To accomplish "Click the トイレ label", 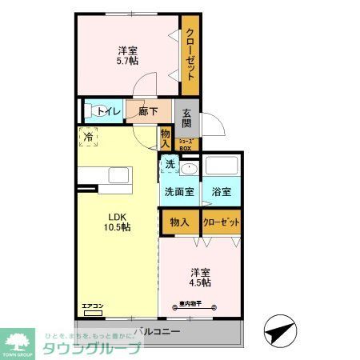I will tap(110, 112).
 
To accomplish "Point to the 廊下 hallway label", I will tap(147, 112).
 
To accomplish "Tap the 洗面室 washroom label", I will tap(179, 192).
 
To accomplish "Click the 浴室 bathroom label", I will tap(222, 192).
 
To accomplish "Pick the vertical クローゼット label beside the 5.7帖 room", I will tap(191, 53).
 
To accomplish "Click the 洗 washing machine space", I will tap(169, 164).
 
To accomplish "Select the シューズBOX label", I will tap(186, 146).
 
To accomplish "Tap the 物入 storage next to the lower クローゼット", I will tap(179, 222).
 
